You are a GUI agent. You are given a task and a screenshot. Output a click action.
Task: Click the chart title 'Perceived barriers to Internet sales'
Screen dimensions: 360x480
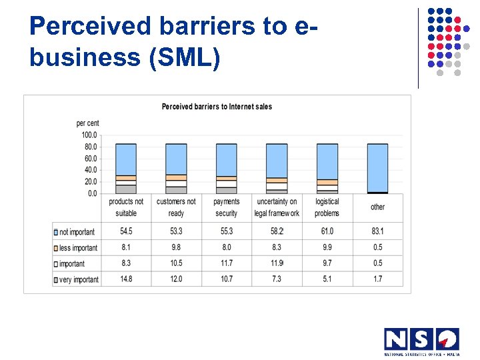[217, 107]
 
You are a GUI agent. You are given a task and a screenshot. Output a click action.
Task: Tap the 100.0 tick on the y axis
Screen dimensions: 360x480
[89, 135]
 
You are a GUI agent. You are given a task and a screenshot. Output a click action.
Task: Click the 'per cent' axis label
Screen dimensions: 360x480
[87, 123]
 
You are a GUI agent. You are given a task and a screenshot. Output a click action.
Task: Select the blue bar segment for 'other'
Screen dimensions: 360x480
[377, 167]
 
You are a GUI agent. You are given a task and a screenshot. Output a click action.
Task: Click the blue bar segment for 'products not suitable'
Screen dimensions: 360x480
[126, 159]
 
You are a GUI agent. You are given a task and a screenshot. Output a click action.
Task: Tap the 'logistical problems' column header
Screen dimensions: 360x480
[327, 207]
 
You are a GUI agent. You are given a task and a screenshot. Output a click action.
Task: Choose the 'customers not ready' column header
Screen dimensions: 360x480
[176, 207]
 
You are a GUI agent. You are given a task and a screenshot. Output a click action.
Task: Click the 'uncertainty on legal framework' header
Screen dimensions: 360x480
[277, 207]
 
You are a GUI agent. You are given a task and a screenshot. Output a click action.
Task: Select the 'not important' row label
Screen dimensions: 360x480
[77, 232]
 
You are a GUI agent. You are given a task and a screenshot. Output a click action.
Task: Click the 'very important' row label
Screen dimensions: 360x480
[79, 280]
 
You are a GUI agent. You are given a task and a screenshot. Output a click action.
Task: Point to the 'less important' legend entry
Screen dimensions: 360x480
[78, 248]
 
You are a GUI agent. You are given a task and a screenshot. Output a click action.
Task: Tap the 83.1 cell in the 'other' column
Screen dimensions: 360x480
[377, 231]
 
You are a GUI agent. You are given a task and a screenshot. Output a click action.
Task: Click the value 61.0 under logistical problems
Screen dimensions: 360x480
[327, 231]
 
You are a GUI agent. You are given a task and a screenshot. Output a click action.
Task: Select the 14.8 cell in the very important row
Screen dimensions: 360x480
[126, 279]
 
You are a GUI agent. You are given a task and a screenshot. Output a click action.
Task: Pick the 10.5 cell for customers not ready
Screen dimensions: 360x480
[176, 263]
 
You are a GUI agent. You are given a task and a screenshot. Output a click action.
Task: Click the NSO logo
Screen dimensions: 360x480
[421, 341]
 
